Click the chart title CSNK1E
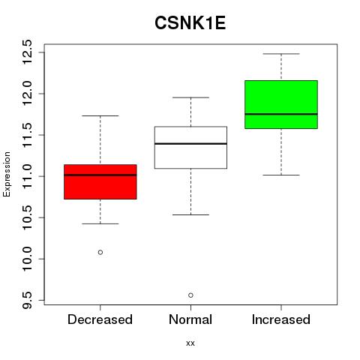190,23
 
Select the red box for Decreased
100,181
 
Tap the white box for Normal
190,148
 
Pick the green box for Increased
281,104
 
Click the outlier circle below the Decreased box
100,252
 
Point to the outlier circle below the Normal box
190,295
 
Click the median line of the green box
281,114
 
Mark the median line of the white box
190,144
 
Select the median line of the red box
100,175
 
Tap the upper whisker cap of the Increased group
281,54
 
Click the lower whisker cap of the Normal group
190,214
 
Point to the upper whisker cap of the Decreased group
100,115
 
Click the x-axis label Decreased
100,319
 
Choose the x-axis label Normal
190,319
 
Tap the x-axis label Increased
281,319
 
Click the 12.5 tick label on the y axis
27,52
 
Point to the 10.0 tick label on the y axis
27,259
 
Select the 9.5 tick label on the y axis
27,300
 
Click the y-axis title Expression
7,174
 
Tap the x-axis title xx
190,343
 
